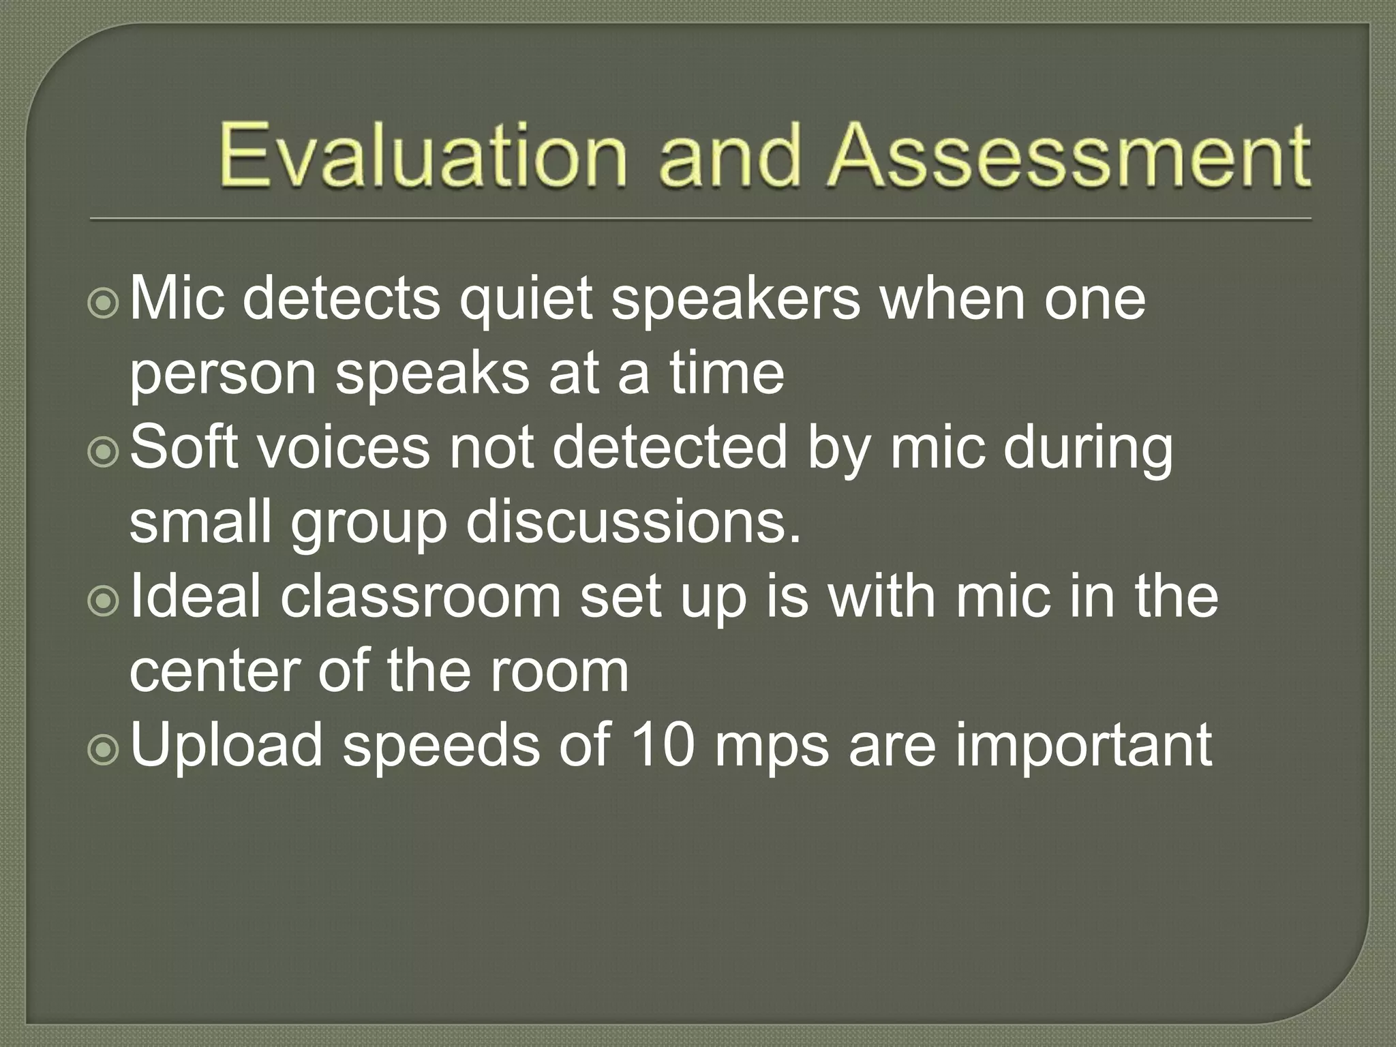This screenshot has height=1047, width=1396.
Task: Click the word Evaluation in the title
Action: [x=422, y=155]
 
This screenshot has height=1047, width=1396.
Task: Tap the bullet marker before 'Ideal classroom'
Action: [x=104, y=601]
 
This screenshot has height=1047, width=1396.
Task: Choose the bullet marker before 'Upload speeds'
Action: [x=104, y=750]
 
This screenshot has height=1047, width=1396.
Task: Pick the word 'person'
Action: [x=223, y=376]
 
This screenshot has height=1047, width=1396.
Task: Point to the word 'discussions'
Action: [x=634, y=523]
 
